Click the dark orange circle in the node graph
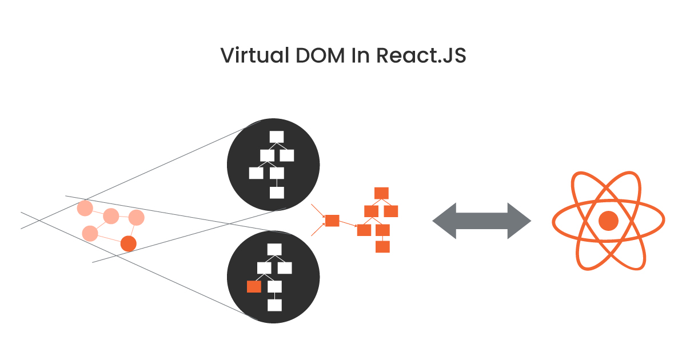click(x=129, y=244)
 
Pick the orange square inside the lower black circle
click(x=254, y=287)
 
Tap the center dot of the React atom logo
click(x=608, y=221)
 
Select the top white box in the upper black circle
click(x=277, y=137)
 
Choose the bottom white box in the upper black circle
click(x=277, y=193)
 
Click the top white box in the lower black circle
click(x=275, y=249)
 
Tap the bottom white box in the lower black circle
click(x=275, y=305)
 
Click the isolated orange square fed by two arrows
click(x=332, y=221)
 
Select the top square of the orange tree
click(x=381, y=193)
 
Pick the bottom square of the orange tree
click(x=382, y=247)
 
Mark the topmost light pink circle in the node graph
click(x=85, y=208)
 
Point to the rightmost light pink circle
click(x=136, y=218)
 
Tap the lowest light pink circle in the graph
click(x=90, y=233)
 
